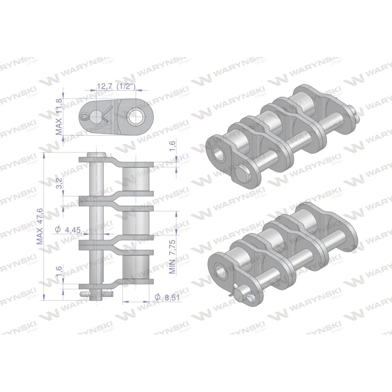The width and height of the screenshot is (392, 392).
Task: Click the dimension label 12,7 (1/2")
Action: [x=116, y=87]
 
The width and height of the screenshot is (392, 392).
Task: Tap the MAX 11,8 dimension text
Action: [x=59, y=116]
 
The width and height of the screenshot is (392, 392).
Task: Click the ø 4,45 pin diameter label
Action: [x=67, y=229]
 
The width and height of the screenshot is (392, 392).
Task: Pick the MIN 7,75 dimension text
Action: [x=173, y=257]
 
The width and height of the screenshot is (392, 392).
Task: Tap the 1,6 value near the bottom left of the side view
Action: [x=59, y=271]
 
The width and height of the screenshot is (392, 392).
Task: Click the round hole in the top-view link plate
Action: [x=135, y=116]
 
